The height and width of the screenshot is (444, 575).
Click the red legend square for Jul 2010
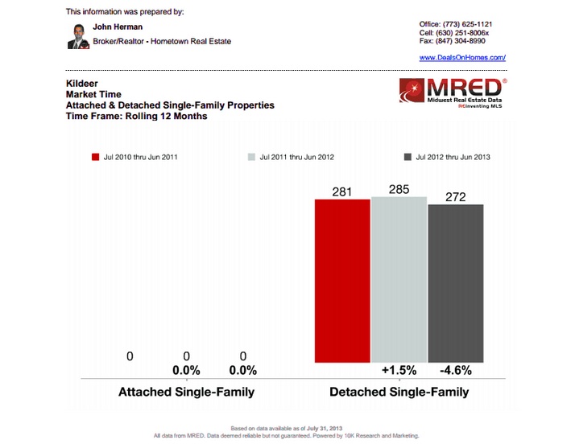click(95, 158)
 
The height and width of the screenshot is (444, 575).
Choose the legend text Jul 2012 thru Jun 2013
click(453, 158)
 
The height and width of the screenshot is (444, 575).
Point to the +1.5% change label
click(399, 371)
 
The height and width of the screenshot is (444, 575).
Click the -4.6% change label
click(456, 371)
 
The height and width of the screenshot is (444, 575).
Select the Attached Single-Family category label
click(186, 393)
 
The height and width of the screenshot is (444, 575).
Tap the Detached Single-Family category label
click(399, 393)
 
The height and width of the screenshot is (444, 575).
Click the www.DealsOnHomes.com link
click(462, 58)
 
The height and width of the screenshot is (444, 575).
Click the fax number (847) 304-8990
click(470, 42)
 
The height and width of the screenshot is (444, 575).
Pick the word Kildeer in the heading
click(81, 84)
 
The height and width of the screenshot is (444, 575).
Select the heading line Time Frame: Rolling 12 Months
click(136, 116)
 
